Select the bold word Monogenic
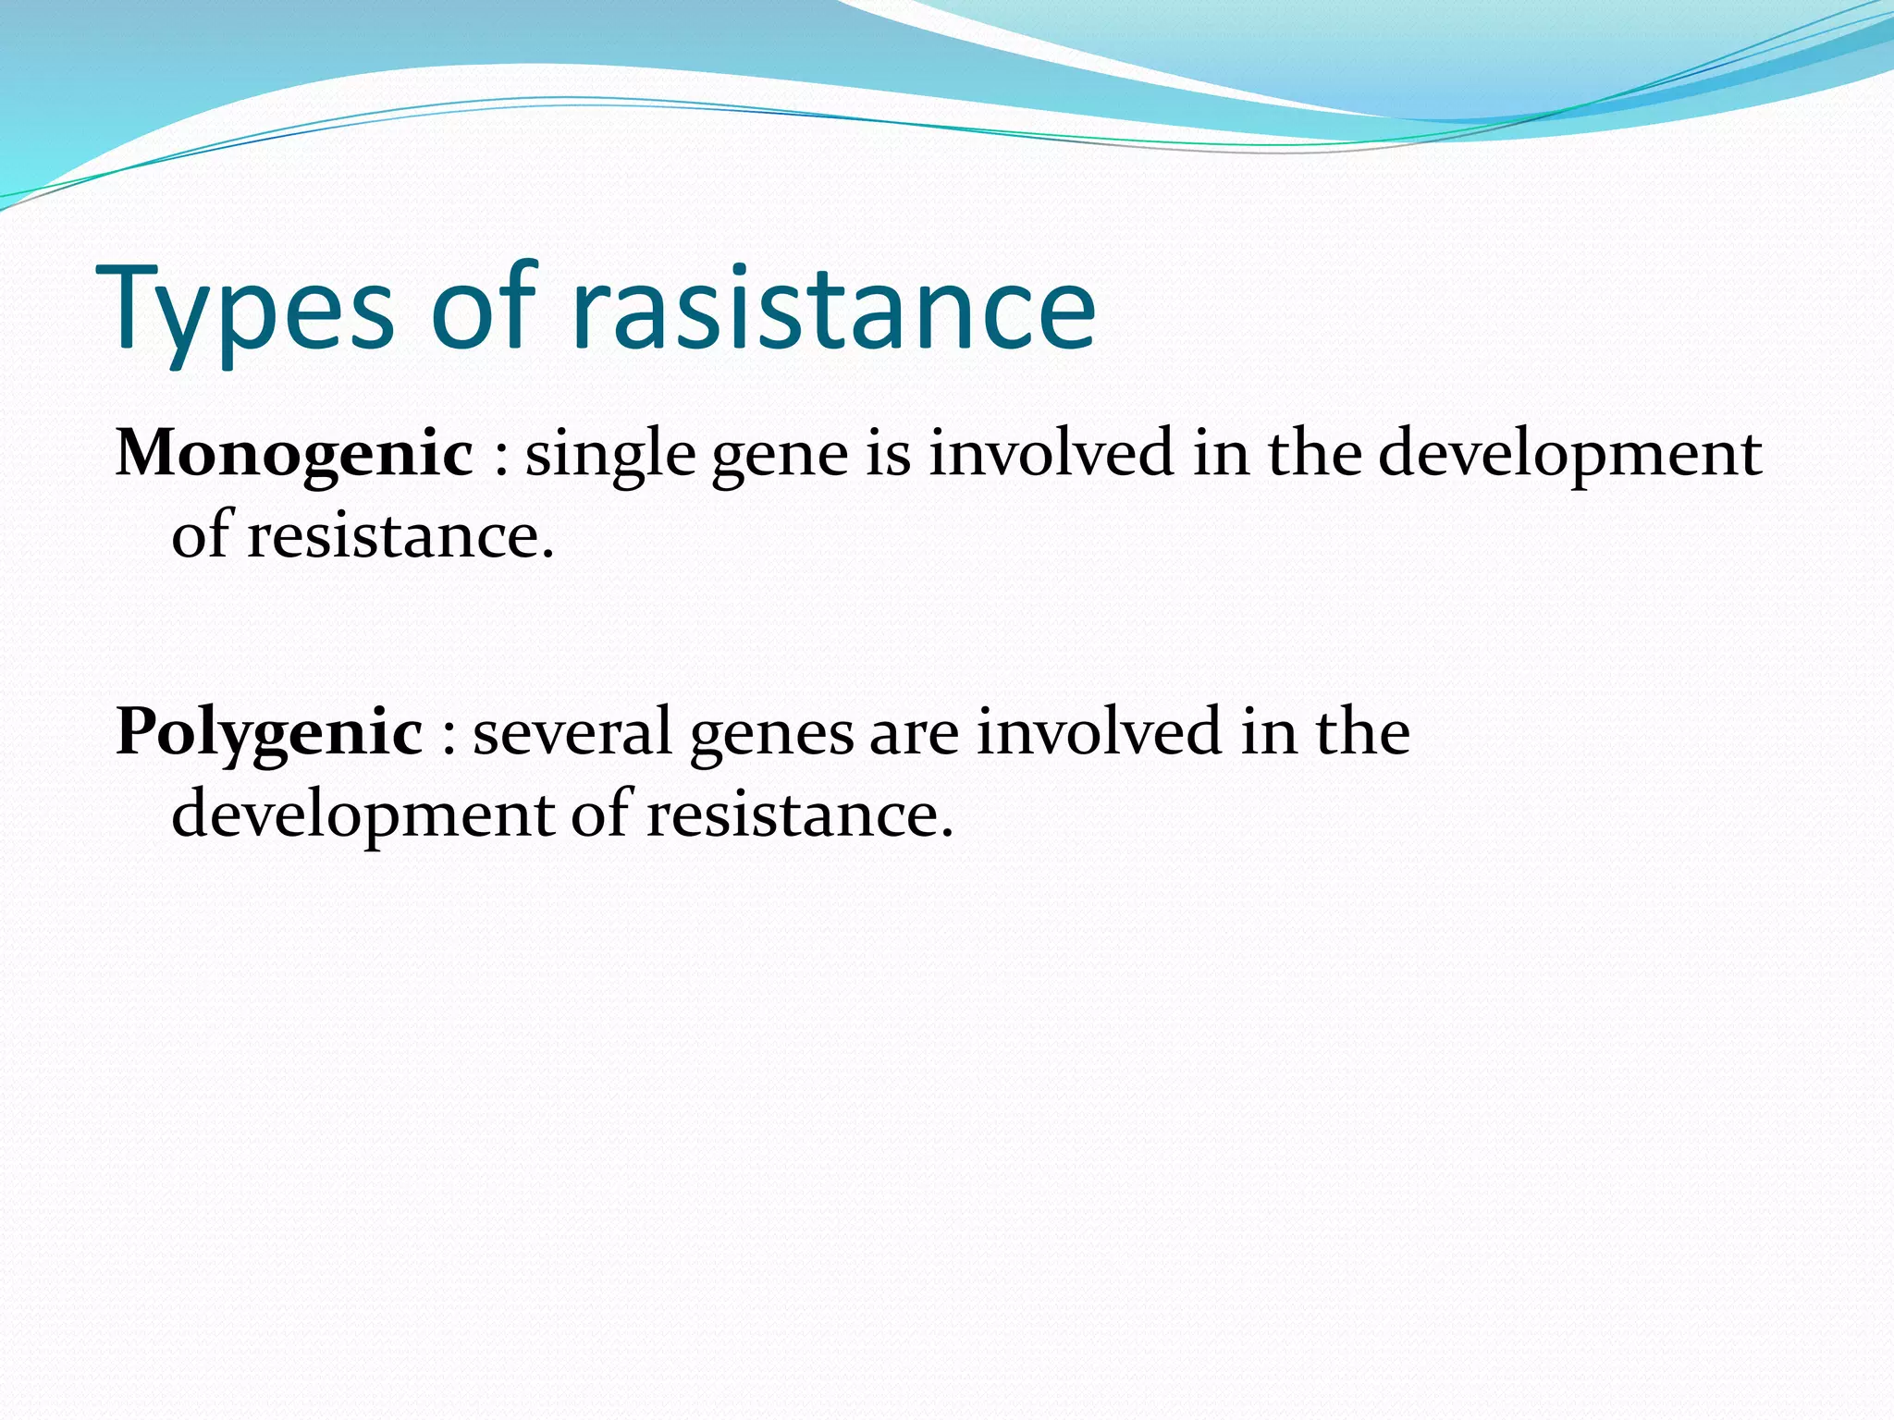[294, 454]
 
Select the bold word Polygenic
[269, 732]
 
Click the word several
[572, 733]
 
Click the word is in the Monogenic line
[888, 454]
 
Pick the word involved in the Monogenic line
[1052, 454]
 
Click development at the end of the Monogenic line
[1569, 456]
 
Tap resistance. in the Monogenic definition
[400, 536]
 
